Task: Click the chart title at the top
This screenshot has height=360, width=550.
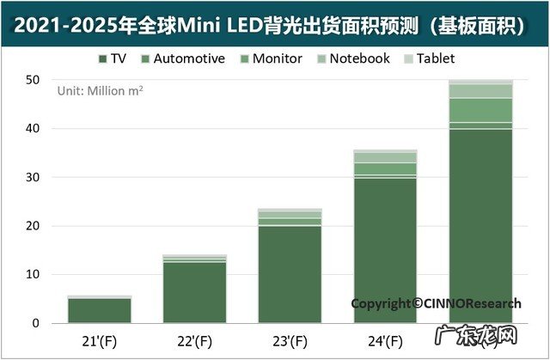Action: point(275,24)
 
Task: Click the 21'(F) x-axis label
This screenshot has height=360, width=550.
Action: point(99,340)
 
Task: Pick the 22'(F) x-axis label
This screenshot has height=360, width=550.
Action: point(197,340)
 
